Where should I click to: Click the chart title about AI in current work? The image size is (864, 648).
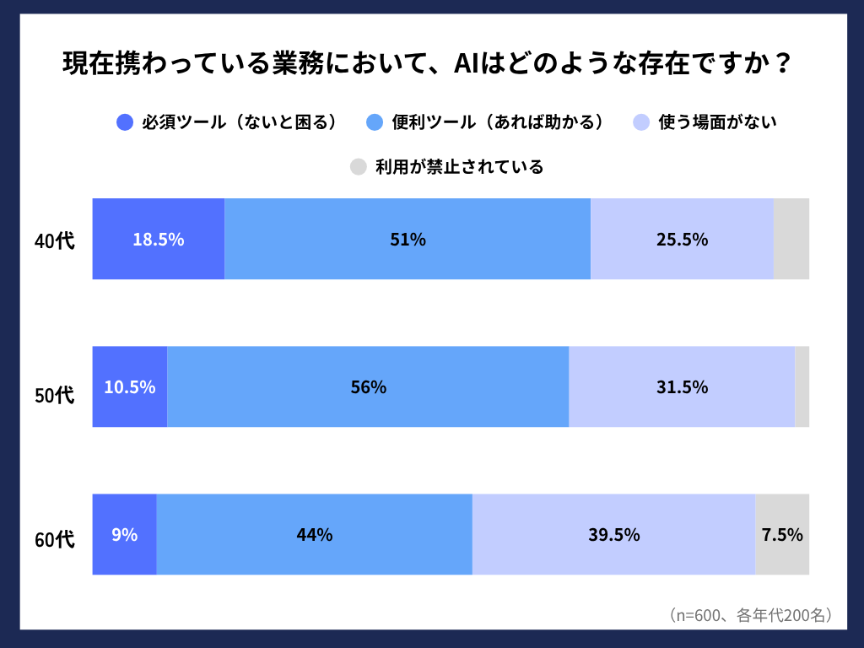pyautogui.click(x=427, y=64)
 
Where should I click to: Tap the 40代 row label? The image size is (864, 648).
pyautogui.click(x=55, y=240)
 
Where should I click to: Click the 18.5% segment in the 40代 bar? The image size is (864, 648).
pyautogui.click(x=159, y=239)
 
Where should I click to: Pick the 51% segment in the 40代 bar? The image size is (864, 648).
pyautogui.click(x=408, y=239)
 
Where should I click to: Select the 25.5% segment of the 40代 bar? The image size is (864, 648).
pyautogui.click(x=682, y=239)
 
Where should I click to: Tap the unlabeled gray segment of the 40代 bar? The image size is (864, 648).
pyautogui.click(x=791, y=239)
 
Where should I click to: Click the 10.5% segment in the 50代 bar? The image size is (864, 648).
pyautogui.click(x=130, y=386)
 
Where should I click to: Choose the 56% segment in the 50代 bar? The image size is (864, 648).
pyautogui.click(x=368, y=386)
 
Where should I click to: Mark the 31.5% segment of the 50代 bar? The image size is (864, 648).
pyautogui.click(x=682, y=386)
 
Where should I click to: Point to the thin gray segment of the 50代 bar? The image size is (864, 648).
pyautogui.click(x=802, y=386)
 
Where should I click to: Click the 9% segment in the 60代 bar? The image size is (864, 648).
pyautogui.click(x=124, y=534)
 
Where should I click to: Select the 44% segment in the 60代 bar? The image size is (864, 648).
pyautogui.click(x=314, y=534)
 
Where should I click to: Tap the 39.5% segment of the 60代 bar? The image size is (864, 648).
pyautogui.click(x=613, y=534)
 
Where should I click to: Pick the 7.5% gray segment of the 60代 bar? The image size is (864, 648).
pyautogui.click(x=782, y=534)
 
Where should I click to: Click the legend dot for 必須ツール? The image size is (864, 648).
pyautogui.click(x=125, y=122)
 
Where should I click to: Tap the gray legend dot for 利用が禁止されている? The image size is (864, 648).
pyautogui.click(x=359, y=166)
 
